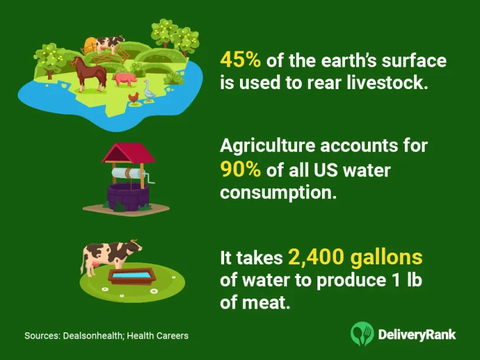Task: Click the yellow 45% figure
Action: pyautogui.click(x=241, y=60)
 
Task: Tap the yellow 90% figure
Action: pyautogui.click(x=241, y=169)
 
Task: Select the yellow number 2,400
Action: pyautogui.click(x=316, y=257)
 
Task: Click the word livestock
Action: pyautogui.click(x=386, y=83)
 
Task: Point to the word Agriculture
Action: pyautogui.click(x=268, y=146)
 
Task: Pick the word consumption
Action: pyautogui.click(x=278, y=193)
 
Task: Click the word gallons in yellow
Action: pyautogui.click(x=387, y=258)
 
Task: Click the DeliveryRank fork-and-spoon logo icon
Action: pyautogui.click(x=362, y=333)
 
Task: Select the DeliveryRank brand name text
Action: pyautogui.click(x=417, y=335)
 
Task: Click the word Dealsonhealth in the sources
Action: pyautogui.click(x=93, y=336)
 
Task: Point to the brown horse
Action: pyautogui.click(x=89, y=74)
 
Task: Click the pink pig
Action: pyautogui.click(x=124, y=79)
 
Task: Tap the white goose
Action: pyautogui.click(x=149, y=91)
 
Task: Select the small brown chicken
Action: pyautogui.click(x=133, y=99)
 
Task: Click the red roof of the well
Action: pyautogui.click(x=129, y=153)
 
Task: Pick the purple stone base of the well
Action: pyautogui.click(x=128, y=197)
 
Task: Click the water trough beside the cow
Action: pyautogui.click(x=131, y=275)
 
